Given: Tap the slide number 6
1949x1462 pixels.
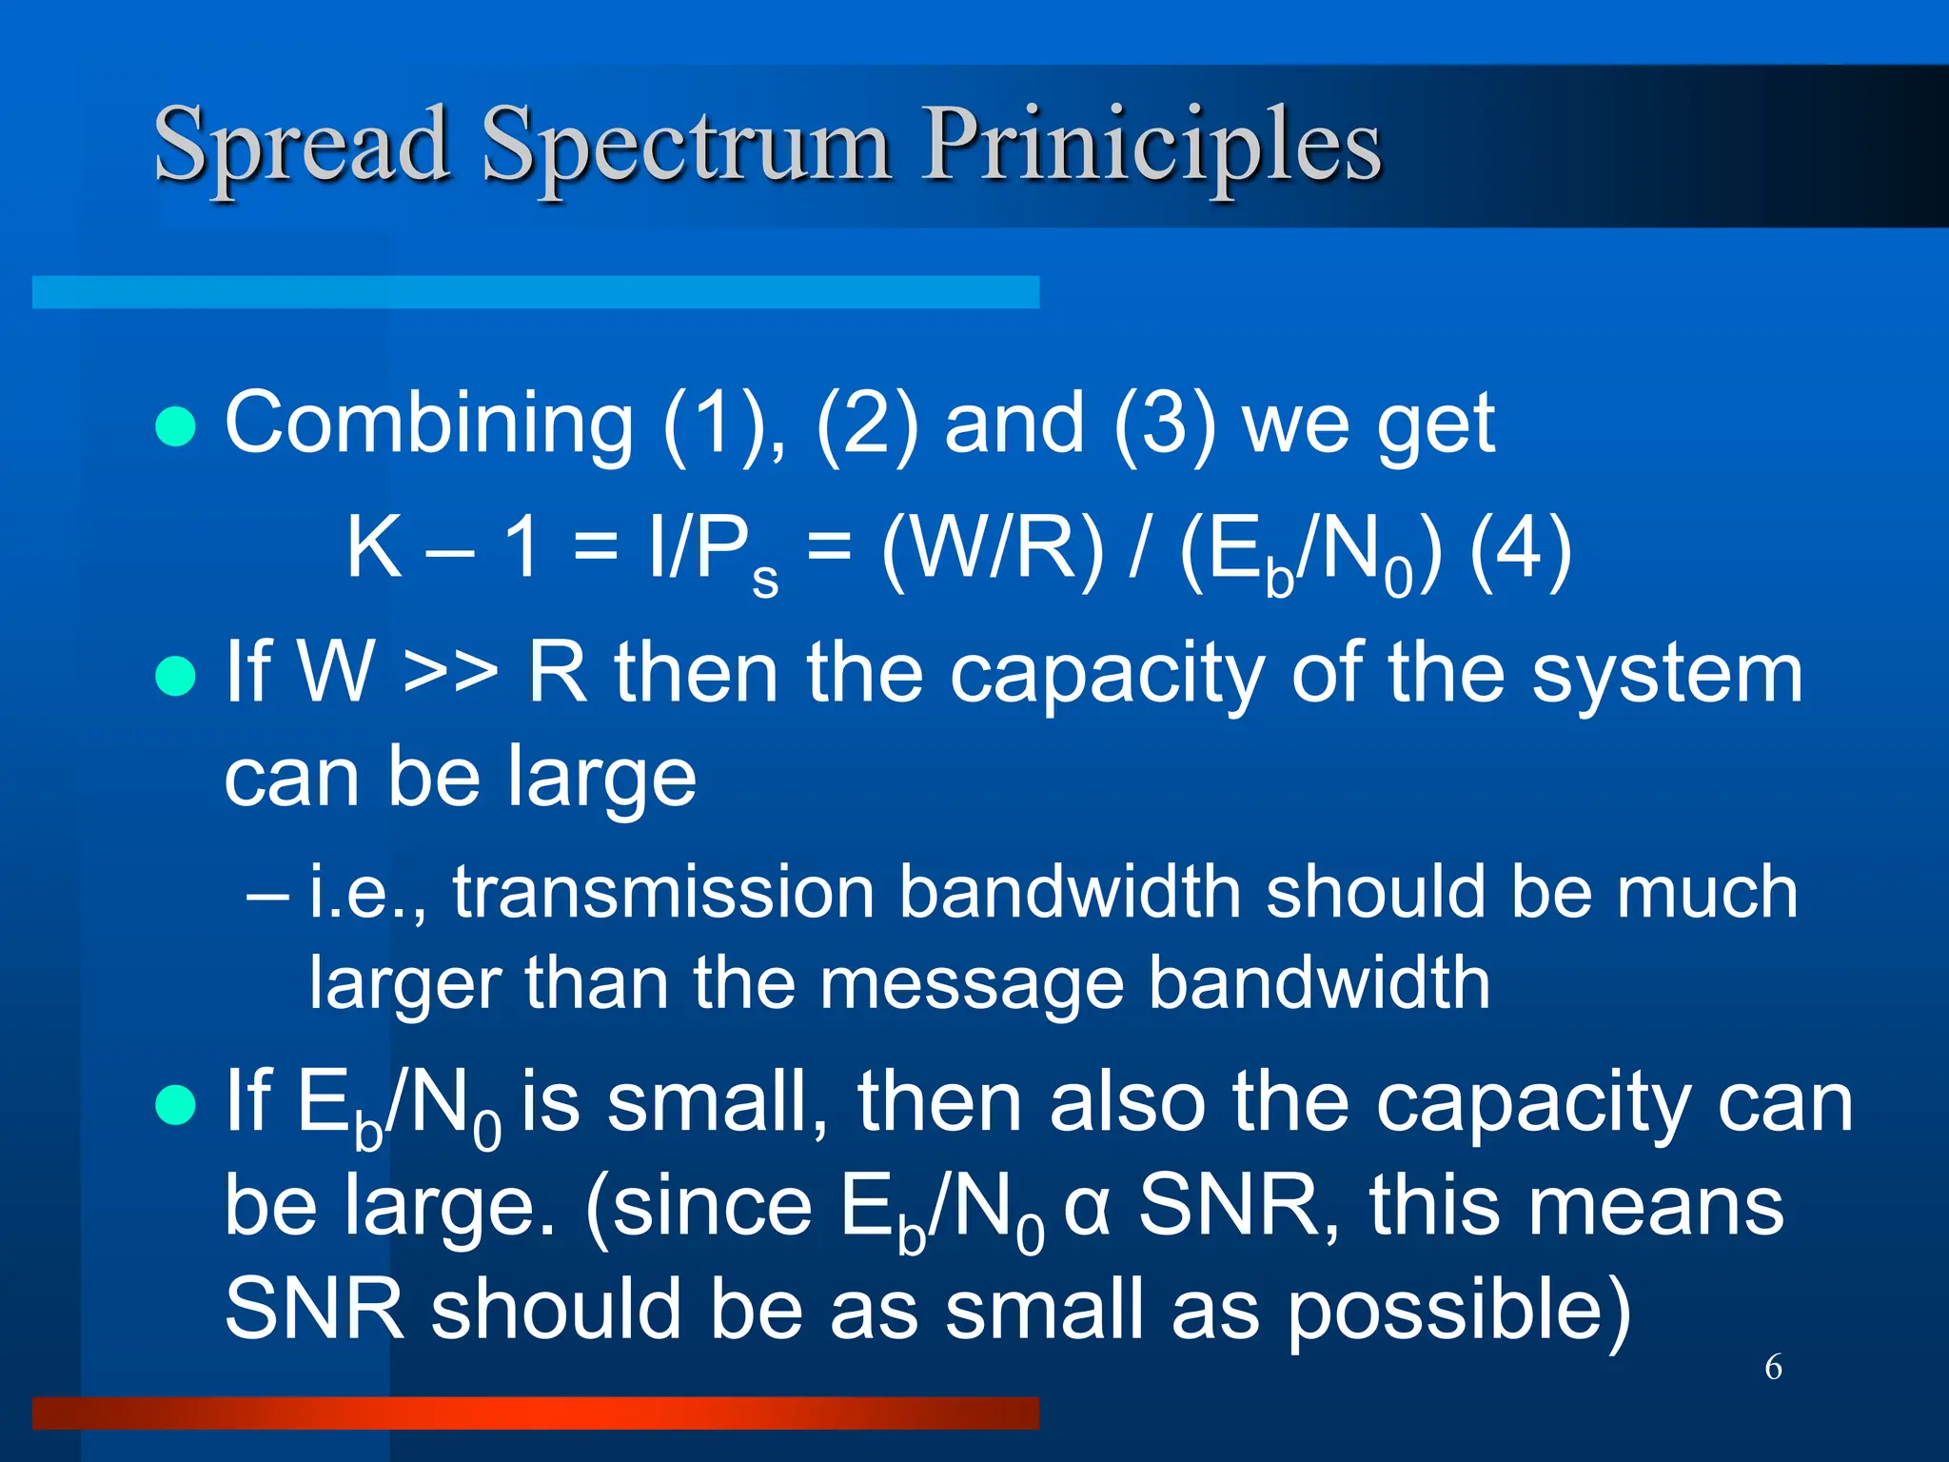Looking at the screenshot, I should (1773, 1367).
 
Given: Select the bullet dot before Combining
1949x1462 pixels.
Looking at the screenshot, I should (175, 427).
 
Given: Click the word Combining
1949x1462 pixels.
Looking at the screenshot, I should (428, 425).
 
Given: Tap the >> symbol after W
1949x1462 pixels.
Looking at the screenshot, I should (450, 674).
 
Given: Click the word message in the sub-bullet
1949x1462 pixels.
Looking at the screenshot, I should (971, 984).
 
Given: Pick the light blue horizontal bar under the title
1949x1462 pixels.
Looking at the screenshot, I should (535, 292).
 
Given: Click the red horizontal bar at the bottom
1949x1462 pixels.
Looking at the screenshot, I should (535, 1413).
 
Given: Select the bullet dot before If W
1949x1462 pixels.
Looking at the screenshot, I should (175, 677).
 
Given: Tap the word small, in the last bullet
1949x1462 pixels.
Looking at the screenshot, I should (719, 1104).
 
